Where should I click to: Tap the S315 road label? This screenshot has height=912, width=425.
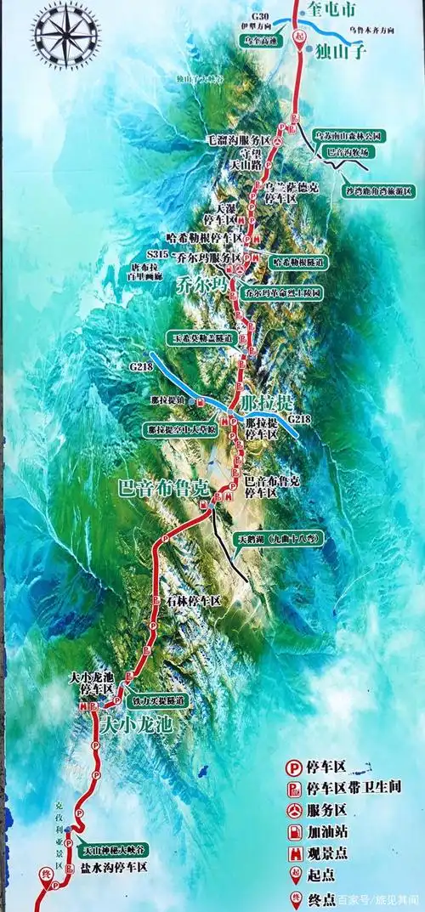(x=158, y=254)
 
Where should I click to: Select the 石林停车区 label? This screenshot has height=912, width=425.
(x=192, y=600)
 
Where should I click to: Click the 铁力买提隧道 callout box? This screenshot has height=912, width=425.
(x=157, y=700)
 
